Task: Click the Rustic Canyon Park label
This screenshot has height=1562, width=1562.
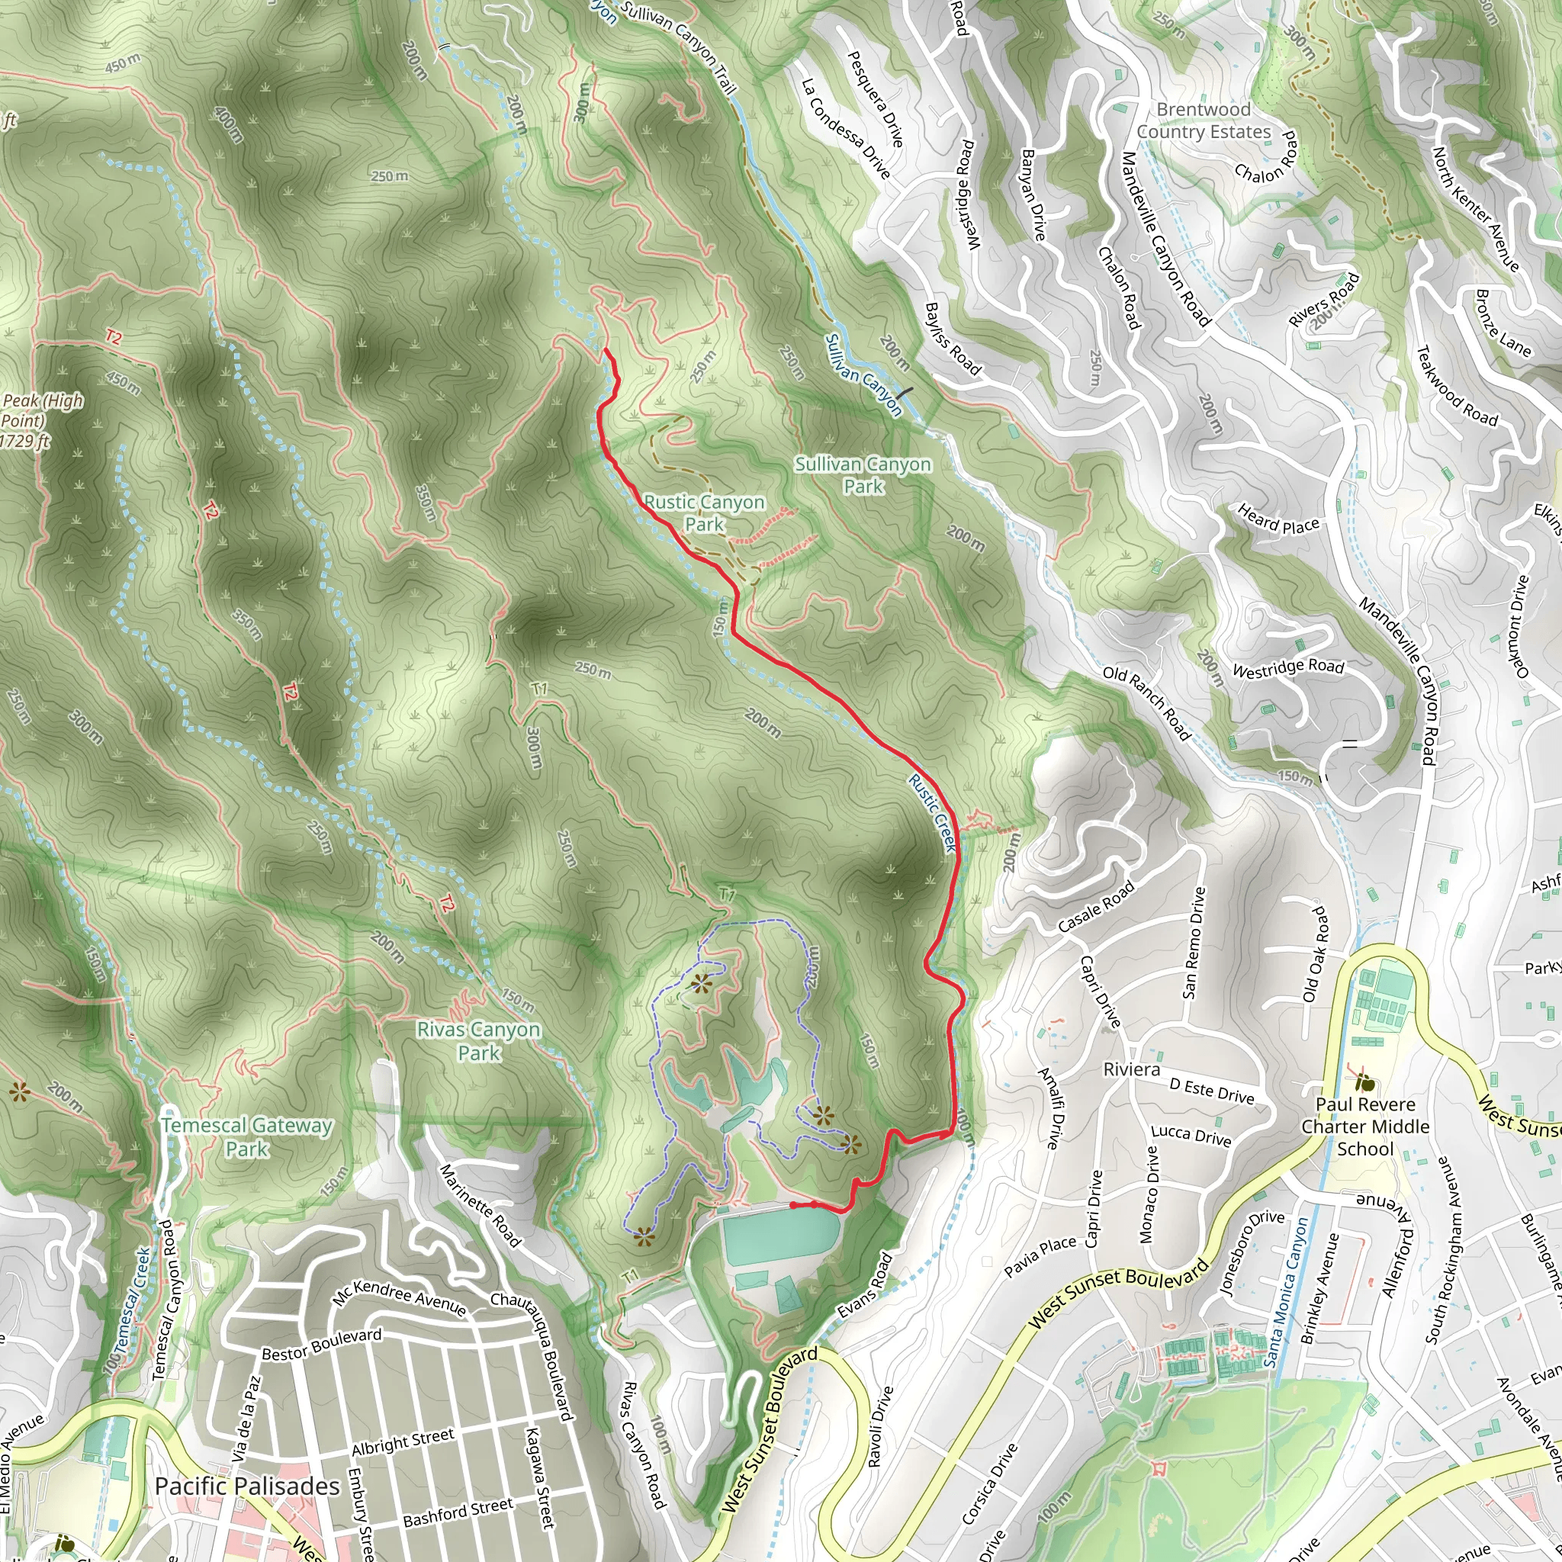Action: (703, 513)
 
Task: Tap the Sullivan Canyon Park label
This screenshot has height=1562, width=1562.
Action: (863, 475)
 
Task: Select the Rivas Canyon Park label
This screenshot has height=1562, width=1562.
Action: (479, 1041)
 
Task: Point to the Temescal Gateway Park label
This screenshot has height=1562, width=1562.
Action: (246, 1136)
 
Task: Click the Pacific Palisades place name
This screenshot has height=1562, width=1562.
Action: (246, 1486)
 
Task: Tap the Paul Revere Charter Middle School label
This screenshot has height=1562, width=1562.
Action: (1364, 1127)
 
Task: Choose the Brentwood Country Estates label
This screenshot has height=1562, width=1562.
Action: (1203, 121)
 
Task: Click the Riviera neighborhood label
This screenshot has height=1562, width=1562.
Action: (1131, 1069)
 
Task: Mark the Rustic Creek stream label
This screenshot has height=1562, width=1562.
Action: (932, 813)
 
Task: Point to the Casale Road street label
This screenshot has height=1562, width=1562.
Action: (1096, 907)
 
